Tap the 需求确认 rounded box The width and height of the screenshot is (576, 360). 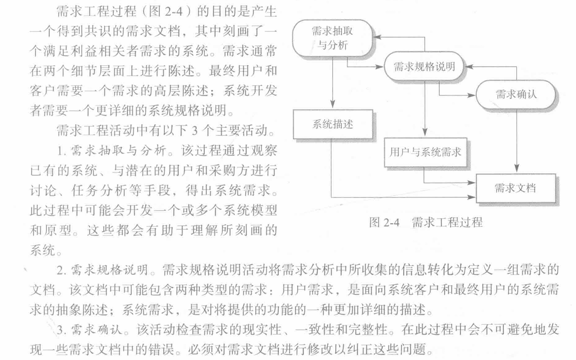tap(516, 94)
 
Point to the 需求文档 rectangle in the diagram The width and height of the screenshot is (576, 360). tap(516, 188)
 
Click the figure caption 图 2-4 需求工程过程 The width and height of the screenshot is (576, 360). tap(425, 222)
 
